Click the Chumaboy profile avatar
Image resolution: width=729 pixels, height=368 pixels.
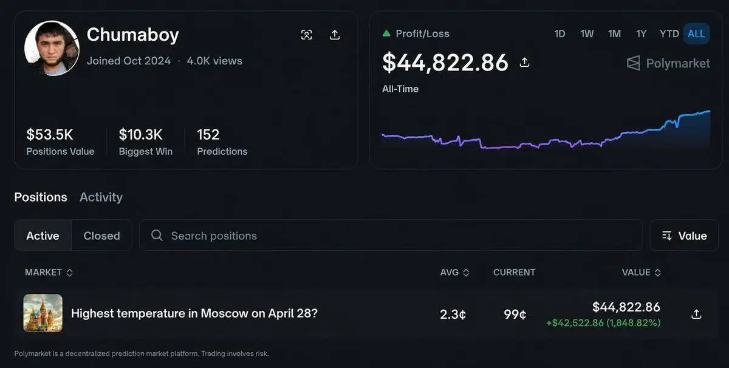[x=52, y=48]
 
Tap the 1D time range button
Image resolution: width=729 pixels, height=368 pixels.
[x=560, y=33]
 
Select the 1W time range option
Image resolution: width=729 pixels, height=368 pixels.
[x=587, y=33]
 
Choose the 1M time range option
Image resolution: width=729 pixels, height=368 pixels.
[x=614, y=33]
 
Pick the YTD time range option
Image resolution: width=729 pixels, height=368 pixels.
[x=669, y=33]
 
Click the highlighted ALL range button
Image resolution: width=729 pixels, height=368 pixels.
[x=696, y=33]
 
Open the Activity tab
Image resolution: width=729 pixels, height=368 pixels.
[x=101, y=197]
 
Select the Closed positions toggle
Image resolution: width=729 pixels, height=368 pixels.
[x=101, y=236]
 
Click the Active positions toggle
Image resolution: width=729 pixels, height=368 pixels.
[x=43, y=236]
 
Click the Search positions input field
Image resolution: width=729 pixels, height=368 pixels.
[x=389, y=236]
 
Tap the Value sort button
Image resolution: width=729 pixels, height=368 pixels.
[x=684, y=236]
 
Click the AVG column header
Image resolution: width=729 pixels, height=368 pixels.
[x=454, y=272]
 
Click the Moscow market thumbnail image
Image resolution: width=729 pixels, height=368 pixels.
[x=43, y=313]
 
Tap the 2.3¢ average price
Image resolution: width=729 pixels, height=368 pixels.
[x=453, y=314]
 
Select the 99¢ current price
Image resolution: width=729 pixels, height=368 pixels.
[x=515, y=314]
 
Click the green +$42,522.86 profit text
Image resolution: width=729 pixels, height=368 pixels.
[x=603, y=323]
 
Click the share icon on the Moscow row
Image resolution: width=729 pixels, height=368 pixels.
[x=696, y=314]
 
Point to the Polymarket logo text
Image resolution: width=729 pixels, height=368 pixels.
[x=677, y=63]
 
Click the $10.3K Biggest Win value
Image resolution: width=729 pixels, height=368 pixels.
[x=140, y=134]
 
